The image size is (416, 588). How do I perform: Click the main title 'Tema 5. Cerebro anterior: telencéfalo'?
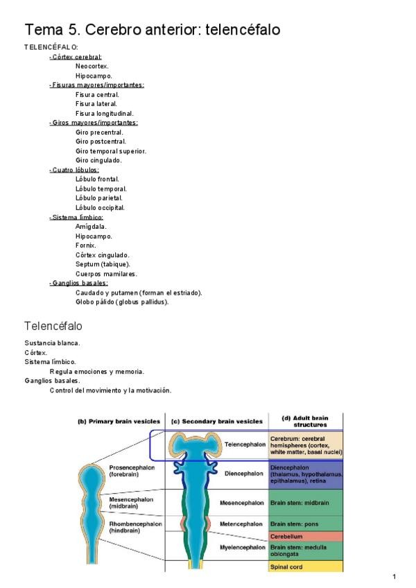[153, 30]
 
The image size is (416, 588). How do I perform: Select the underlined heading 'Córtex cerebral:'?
[76, 57]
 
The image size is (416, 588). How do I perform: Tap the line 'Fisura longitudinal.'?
[105, 113]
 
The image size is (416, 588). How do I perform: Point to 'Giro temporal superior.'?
[111, 151]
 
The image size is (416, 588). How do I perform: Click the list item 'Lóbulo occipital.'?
[101, 207]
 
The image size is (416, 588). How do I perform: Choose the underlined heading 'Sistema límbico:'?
[77, 217]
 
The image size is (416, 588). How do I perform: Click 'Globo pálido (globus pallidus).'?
[122, 302]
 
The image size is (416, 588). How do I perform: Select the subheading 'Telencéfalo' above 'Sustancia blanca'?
[53, 326]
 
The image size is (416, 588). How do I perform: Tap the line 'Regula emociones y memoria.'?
[97, 371]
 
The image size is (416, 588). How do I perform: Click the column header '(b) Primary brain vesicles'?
[119, 421]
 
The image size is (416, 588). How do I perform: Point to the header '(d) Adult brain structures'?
[306, 421]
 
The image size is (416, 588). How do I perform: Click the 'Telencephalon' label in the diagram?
[244, 444]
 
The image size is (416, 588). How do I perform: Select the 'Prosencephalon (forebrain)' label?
[132, 471]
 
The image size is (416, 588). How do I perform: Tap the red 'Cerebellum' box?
[306, 536]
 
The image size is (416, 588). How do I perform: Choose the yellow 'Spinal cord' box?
[306, 567]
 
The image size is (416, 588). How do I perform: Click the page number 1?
[393, 577]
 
